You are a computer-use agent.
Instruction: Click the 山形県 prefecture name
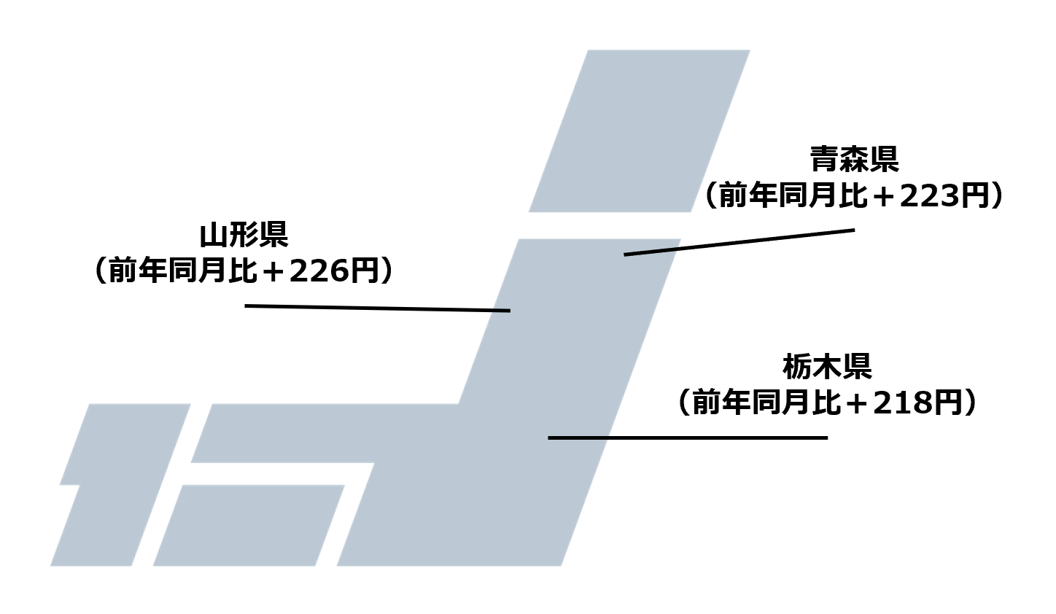pos(244,235)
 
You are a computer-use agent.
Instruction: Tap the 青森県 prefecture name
pos(854,160)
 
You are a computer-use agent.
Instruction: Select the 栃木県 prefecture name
pos(827,366)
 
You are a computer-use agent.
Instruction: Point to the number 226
pos(316,271)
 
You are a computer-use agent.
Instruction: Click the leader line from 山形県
pos(377,308)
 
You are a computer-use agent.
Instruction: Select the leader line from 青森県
pos(739,242)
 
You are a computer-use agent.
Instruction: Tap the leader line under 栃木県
pos(688,438)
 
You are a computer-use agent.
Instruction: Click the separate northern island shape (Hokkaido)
pos(640,131)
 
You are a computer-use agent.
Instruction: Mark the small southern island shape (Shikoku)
pos(248,525)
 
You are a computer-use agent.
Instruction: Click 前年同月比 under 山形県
pos(182,271)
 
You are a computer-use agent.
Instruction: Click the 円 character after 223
pos(973,196)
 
